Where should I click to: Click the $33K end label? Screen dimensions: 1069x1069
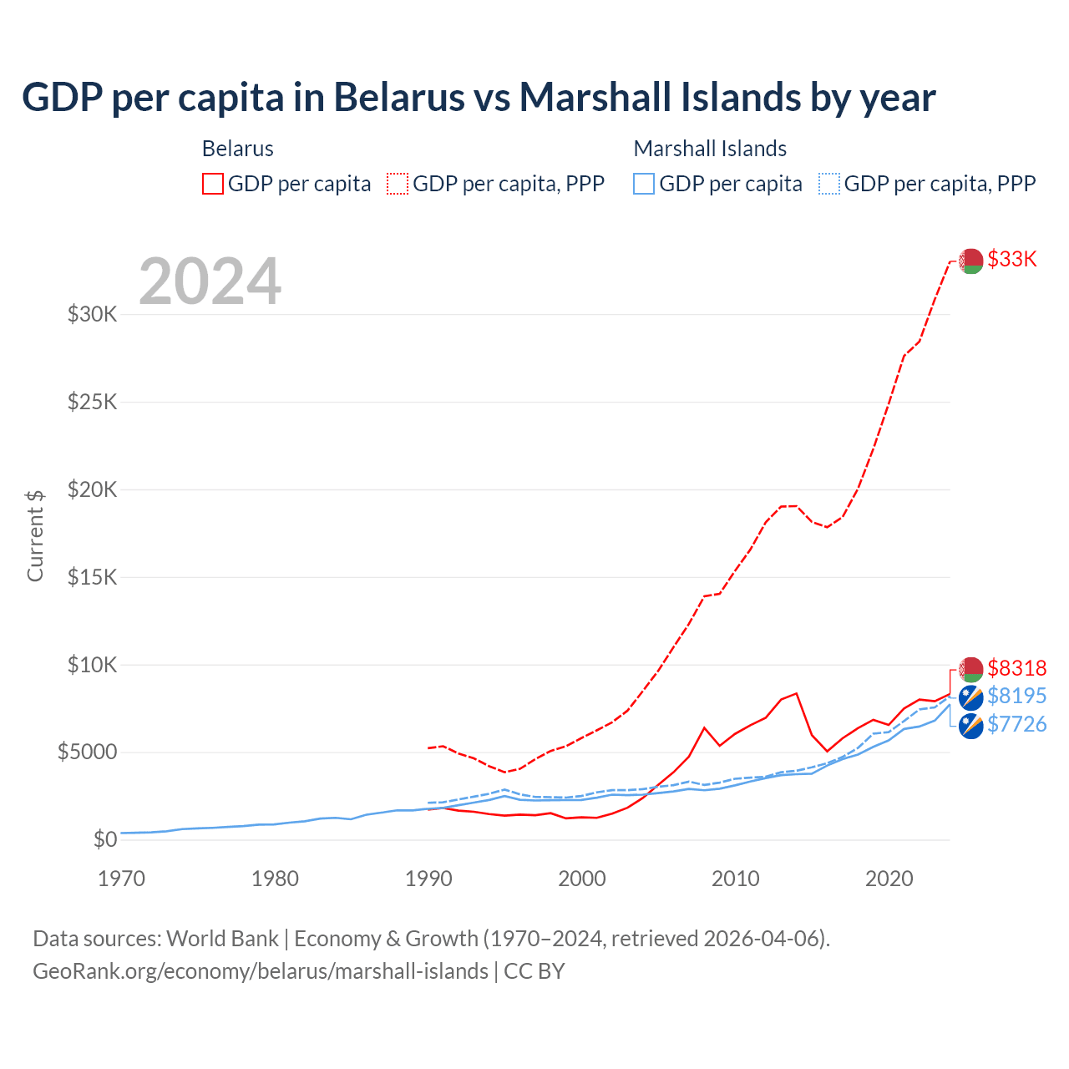(1011, 260)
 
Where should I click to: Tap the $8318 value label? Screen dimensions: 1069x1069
(1016, 668)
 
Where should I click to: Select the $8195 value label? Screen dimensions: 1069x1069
(1016, 696)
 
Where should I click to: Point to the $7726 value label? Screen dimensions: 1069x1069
(1016, 724)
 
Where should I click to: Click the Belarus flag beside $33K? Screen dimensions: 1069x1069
(970, 261)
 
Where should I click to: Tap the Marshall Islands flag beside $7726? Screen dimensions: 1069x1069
(970, 726)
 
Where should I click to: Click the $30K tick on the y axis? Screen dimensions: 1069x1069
(93, 315)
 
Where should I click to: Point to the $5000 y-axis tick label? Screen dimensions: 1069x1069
(87, 752)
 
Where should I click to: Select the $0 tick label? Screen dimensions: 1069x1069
(104, 839)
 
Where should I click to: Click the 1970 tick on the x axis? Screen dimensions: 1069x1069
(121, 879)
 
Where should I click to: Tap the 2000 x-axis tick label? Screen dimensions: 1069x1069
(582, 879)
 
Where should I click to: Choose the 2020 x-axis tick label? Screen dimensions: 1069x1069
(889, 879)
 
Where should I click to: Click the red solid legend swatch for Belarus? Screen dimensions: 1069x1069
(213, 184)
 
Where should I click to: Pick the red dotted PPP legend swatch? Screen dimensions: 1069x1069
(398, 184)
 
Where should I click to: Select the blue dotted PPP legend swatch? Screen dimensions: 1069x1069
(829, 184)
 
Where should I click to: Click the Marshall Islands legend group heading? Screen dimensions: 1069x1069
(710, 149)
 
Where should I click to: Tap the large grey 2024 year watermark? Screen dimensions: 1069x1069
(210, 281)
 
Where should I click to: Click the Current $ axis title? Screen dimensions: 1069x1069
(35, 535)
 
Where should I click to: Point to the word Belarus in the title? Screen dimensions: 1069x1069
(399, 98)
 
